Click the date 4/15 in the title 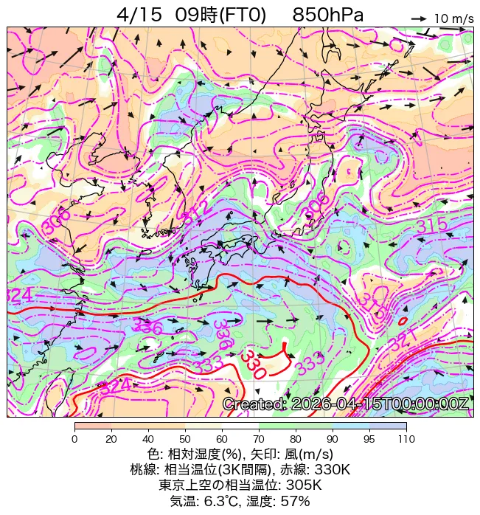pos(139,15)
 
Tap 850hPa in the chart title pos(327,15)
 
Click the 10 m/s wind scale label pos(453,18)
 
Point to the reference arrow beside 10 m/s pos(419,18)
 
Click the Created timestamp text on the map pos(345,404)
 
